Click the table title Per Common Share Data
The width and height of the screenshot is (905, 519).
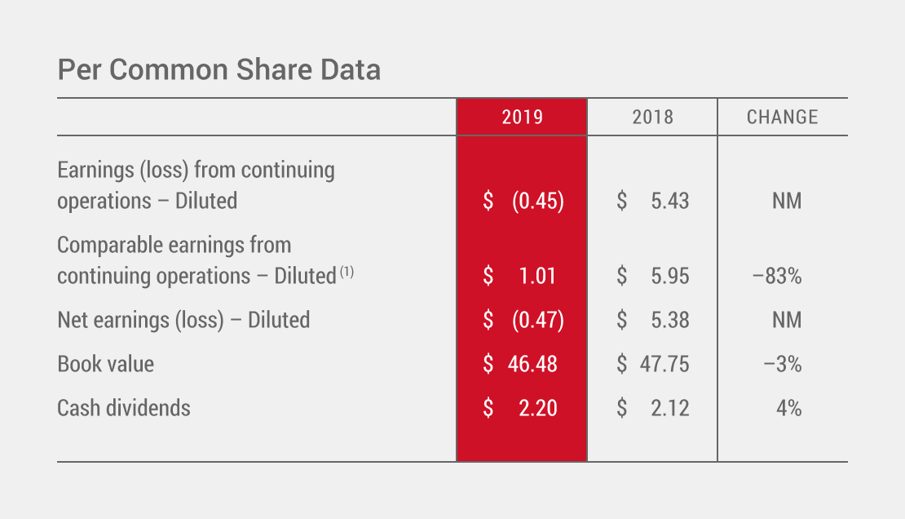219,70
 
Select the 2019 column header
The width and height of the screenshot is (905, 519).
522,118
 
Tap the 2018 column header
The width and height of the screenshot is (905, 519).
652,118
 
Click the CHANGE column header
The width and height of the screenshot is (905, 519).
782,118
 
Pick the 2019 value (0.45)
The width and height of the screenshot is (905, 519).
537,201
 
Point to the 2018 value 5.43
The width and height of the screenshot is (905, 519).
669,201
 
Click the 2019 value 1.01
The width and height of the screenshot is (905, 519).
537,276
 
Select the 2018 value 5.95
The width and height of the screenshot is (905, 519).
669,276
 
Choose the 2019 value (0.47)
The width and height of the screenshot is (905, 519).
537,320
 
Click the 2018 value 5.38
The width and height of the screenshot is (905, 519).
669,320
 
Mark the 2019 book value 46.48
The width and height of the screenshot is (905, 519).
532,364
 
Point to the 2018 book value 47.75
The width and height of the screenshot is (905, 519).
664,364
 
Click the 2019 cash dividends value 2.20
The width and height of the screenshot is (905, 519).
537,408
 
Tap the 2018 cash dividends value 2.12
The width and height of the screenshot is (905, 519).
669,408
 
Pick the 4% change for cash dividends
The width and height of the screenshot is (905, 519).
788,408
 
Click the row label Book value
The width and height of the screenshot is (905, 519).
105,364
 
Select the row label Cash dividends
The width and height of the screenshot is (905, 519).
123,408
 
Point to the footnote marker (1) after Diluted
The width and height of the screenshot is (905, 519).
347,272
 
